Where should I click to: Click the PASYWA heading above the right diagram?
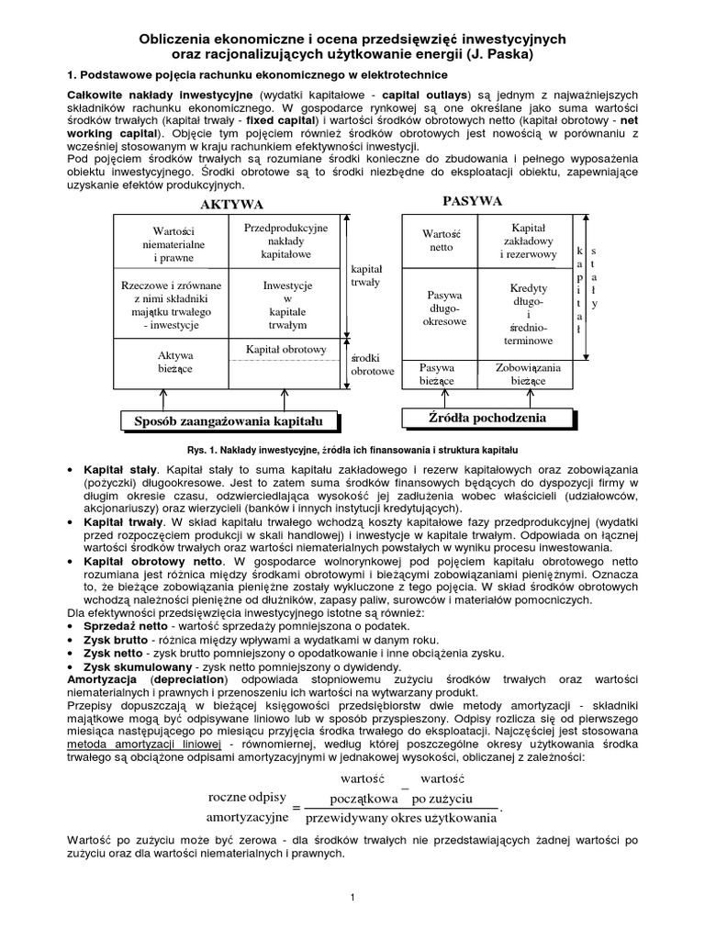pos(472,200)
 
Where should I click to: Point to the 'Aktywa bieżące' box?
pos(171,362)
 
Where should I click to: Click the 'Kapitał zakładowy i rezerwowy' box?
pos(528,240)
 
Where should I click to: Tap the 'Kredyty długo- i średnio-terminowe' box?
pos(528,314)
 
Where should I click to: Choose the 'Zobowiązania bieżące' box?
pos(528,374)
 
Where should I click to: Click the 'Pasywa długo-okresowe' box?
pos(445,308)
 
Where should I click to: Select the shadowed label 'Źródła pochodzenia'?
pos(487,418)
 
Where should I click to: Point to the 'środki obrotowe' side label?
pos(373,364)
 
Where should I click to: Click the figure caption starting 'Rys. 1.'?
pos(352,450)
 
